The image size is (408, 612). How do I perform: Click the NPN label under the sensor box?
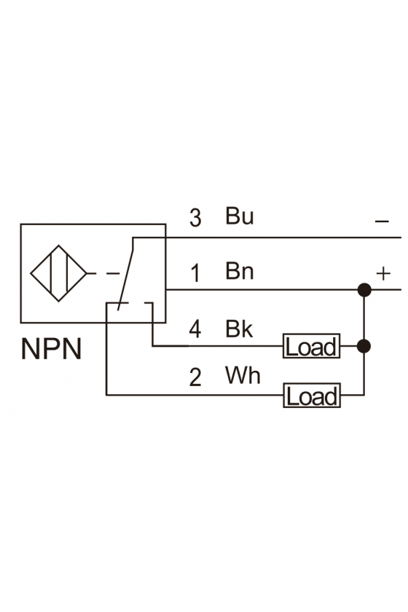(x=51, y=348)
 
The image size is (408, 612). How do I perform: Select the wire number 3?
(x=195, y=218)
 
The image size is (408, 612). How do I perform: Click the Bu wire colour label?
(x=239, y=216)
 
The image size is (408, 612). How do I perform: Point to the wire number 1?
(x=195, y=272)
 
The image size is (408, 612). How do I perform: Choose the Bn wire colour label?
(x=239, y=271)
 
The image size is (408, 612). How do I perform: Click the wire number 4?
(x=195, y=329)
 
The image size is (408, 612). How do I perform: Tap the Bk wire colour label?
(x=239, y=329)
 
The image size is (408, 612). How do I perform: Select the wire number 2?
(x=195, y=377)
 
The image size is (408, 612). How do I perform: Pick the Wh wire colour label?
(x=243, y=375)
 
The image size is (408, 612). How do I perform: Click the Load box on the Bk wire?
(x=312, y=346)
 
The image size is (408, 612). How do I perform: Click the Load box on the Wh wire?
(x=312, y=396)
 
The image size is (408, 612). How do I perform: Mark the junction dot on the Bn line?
(x=364, y=290)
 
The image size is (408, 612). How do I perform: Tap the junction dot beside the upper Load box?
(x=364, y=346)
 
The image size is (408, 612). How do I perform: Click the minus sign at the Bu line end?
(x=382, y=221)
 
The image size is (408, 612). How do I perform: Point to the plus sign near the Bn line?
(x=383, y=273)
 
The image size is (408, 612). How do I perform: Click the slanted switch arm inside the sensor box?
(x=125, y=274)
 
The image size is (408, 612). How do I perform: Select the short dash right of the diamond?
(x=113, y=274)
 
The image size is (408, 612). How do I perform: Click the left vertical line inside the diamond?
(x=51, y=273)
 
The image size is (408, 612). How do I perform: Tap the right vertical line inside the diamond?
(x=67, y=273)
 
